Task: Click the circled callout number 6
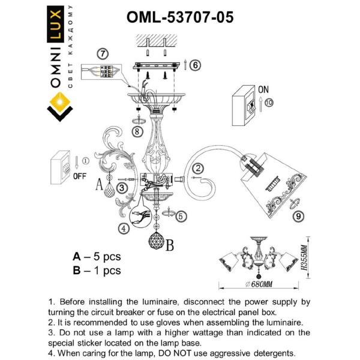pos(196,65)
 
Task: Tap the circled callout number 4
pos(123,228)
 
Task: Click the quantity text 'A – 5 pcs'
pos(97,256)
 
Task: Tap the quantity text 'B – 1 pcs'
pos(97,271)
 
